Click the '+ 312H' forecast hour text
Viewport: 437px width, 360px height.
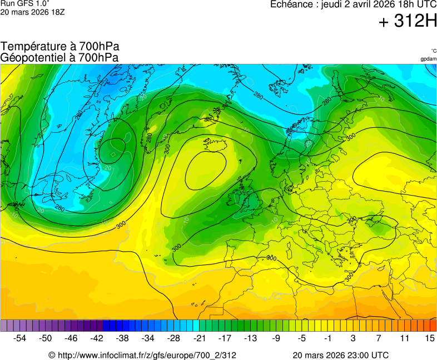tap(407, 21)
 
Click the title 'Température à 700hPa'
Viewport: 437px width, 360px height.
tap(59, 47)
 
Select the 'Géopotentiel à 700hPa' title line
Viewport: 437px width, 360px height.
tap(59, 57)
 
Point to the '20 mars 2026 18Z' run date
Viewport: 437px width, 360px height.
tap(32, 12)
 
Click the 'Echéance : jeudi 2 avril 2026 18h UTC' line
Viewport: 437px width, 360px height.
tap(352, 4)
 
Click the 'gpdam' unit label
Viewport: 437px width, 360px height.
tap(428, 58)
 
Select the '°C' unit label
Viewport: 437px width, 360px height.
tap(433, 51)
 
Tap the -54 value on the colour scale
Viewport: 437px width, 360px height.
tap(20, 338)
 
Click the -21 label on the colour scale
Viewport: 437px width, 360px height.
tap(199, 338)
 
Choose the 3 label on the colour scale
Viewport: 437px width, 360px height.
tap(353, 338)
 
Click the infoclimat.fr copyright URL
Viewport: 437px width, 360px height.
tap(142, 355)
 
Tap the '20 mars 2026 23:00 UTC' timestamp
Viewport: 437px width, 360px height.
tap(340, 355)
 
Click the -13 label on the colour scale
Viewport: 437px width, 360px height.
tap(250, 338)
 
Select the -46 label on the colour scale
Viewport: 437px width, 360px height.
tap(71, 338)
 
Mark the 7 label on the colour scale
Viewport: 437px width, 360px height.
tap(379, 338)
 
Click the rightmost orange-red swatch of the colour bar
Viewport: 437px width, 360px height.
tap(433, 326)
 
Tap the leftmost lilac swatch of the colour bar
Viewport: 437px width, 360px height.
tap(4, 326)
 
